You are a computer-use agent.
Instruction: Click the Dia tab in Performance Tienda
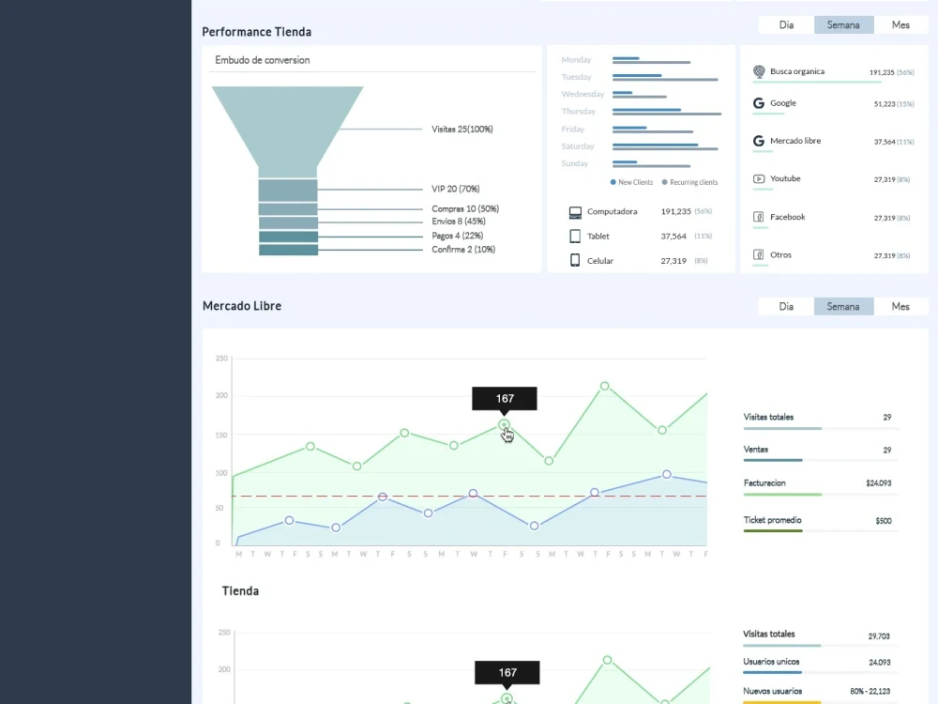point(786,25)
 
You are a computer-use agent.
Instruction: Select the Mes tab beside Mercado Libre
point(900,307)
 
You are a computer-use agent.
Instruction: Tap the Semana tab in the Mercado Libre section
point(843,307)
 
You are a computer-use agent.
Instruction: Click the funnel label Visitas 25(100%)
point(461,130)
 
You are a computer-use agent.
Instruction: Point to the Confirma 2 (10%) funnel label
point(463,250)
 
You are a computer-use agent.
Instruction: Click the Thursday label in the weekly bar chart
point(579,112)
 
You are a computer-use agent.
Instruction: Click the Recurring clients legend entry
point(690,182)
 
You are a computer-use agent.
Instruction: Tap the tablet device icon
point(575,237)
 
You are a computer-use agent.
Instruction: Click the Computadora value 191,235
point(675,212)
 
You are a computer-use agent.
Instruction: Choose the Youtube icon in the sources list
point(759,179)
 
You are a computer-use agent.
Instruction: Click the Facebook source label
point(787,218)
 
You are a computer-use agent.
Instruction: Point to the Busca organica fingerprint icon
point(759,71)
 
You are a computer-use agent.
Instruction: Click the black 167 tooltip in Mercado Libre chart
point(505,399)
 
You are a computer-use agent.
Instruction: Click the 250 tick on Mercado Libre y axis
point(222,359)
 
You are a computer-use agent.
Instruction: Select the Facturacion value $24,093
point(878,483)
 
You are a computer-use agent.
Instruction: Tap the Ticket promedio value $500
point(883,521)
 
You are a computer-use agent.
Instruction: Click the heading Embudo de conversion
point(263,60)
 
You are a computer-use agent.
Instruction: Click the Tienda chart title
point(240,591)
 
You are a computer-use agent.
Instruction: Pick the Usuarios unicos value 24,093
point(879,663)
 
